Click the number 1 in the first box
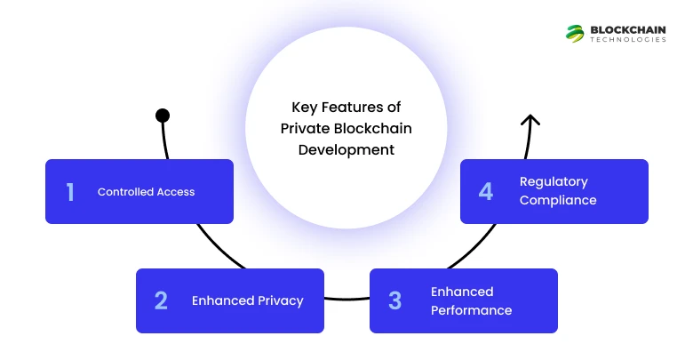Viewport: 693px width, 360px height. coord(70,192)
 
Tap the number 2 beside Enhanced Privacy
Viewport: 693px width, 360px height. coord(161,300)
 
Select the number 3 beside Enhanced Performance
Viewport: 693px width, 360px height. coord(394,300)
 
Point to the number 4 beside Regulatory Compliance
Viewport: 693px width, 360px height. coord(485,191)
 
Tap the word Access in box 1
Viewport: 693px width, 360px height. coord(177,192)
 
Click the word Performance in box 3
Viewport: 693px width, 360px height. coord(471,310)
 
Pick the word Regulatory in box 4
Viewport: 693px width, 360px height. coord(554,181)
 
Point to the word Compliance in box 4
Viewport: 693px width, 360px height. coord(558,200)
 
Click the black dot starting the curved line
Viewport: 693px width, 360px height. coord(163,115)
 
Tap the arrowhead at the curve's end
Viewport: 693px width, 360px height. coord(530,120)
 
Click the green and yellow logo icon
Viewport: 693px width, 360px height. coord(575,33)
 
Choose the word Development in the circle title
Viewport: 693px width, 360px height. coord(346,149)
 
